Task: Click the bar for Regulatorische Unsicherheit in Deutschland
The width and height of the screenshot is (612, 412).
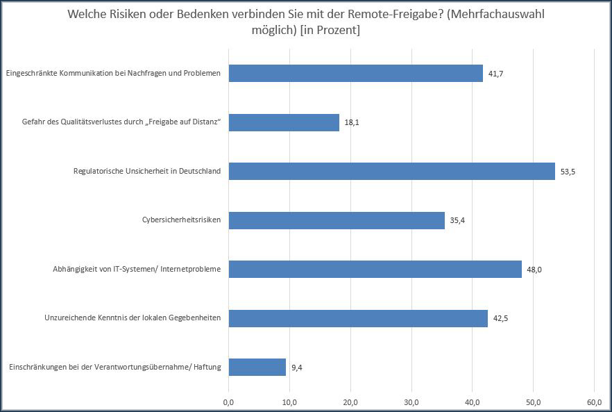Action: point(391,171)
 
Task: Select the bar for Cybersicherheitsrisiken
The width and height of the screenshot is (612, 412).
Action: point(336,220)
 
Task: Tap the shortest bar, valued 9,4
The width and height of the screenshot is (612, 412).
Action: point(257,367)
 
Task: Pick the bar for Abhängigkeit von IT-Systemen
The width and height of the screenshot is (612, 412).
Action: point(375,269)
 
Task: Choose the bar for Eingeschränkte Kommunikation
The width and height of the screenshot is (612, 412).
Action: point(355,73)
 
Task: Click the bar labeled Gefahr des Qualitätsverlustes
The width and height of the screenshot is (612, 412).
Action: point(284,122)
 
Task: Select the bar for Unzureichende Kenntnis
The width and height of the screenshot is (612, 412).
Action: point(358,318)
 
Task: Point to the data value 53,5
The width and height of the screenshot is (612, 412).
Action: point(568,172)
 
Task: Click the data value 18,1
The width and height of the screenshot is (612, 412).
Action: point(352,123)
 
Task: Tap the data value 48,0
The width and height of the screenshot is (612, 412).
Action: point(534,270)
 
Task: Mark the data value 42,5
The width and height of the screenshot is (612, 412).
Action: point(500,319)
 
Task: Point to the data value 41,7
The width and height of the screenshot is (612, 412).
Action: point(495,74)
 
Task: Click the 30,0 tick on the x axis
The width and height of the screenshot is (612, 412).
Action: point(411,402)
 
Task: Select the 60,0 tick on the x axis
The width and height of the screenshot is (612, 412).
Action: point(594,402)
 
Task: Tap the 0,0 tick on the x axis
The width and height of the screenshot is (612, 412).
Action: point(229,402)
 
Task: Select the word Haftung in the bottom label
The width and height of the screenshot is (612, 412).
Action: point(206,367)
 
